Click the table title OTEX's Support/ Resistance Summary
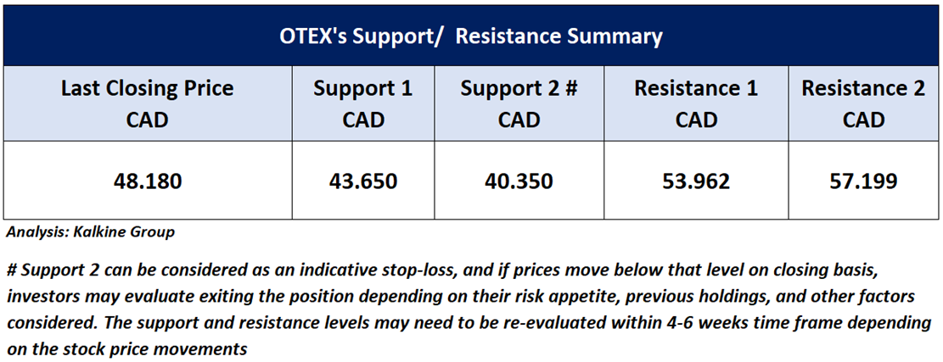[471, 36]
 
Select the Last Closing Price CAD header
[148, 103]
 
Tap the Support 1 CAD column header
[363, 103]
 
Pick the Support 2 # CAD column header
[519, 103]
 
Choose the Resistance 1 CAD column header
[696, 103]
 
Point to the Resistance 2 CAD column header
[863, 103]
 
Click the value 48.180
[148, 181]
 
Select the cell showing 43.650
[363, 181]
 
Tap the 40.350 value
[519, 181]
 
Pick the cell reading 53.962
[696, 181]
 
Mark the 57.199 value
[863, 181]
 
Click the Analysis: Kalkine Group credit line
[90, 232]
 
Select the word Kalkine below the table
[110, 232]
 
